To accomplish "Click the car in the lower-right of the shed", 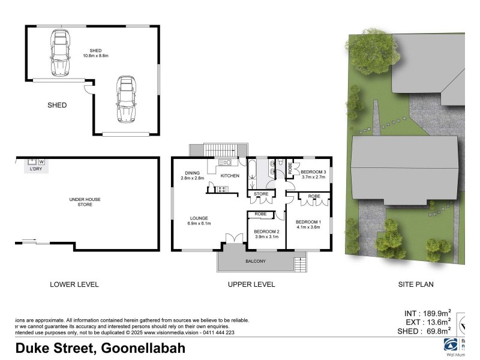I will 125,98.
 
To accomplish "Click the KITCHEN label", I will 230,176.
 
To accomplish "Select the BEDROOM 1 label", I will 309,223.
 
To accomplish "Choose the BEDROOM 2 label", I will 266,231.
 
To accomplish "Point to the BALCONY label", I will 256,262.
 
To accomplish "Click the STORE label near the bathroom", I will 261,194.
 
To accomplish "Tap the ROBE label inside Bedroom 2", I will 261,214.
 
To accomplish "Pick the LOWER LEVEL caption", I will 74,284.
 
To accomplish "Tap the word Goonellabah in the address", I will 143,348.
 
